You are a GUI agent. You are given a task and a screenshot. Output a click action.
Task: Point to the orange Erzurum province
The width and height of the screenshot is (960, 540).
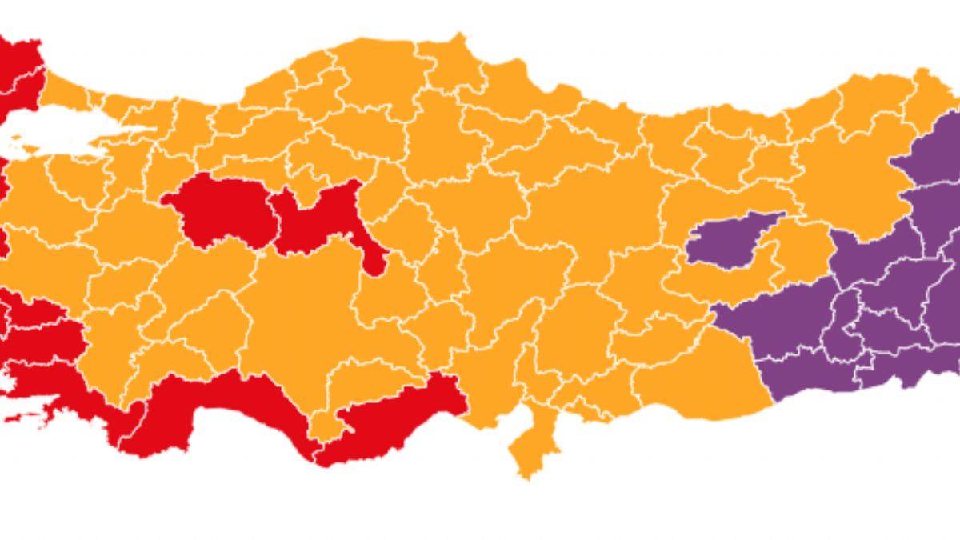(x=848, y=176)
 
